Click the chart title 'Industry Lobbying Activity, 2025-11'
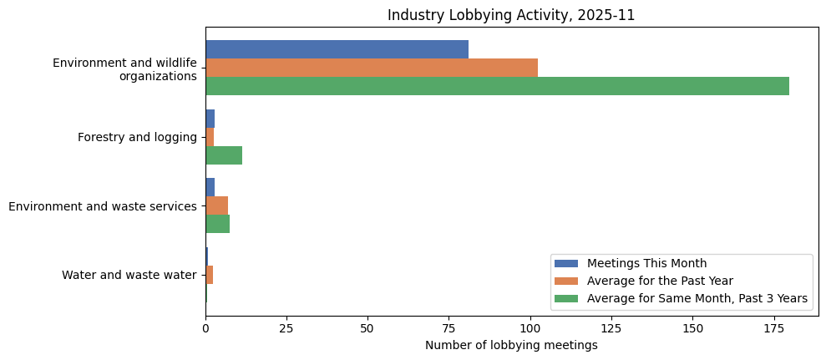pos(511,15)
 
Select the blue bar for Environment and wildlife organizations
pos(337,49)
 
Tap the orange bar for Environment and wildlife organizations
pos(372,68)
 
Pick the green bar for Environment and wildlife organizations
pos(497,86)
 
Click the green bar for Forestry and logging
pos(224,155)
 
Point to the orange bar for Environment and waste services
pos(216,205)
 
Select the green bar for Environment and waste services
pos(217,224)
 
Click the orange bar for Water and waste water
pos(209,275)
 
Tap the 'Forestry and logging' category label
pos(137,137)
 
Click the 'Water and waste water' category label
pos(129,275)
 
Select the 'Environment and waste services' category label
pos(103,206)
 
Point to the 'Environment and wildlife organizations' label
pos(124,69)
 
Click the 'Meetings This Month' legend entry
pos(646,264)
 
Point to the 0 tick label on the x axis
pos(205,329)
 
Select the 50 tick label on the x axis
pos(367,329)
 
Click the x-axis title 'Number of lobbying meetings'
pos(511,345)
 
